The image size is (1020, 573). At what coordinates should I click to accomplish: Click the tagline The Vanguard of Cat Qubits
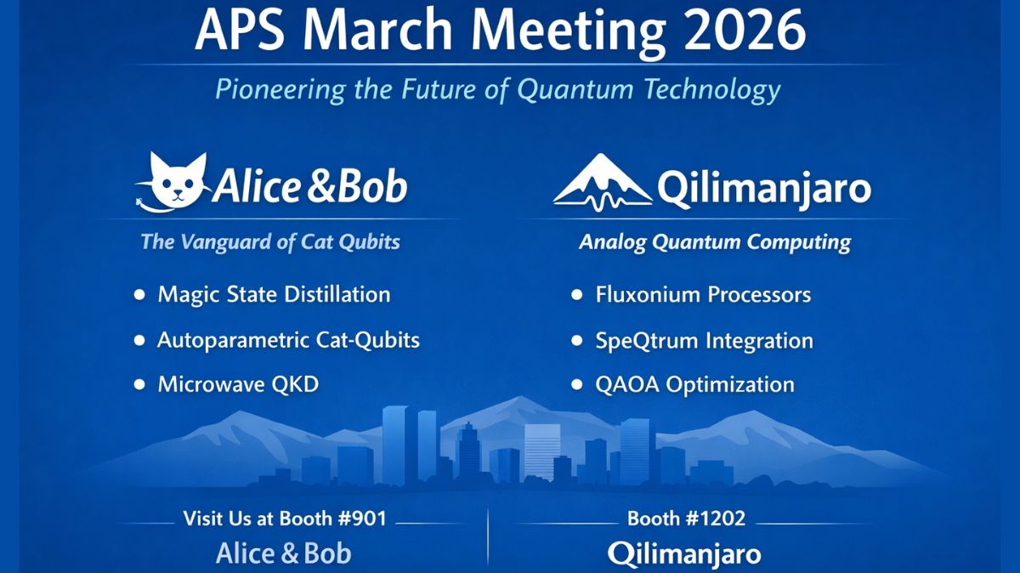click(x=270, y=241)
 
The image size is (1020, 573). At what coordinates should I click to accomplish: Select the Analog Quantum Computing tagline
click(x=714, y=242)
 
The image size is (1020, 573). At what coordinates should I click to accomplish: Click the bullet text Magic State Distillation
click(x=274, y=295)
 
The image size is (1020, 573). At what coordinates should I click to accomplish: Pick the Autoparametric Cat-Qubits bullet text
click(x=288, y=340)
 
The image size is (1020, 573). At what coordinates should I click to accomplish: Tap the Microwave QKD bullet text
click(x=238, y=384)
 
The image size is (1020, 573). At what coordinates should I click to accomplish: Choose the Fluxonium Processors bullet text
click(x=703, y=295)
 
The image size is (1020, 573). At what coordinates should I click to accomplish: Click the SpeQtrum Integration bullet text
click(x=704, y=341)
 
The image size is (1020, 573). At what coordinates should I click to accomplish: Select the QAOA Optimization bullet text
click(x=694, y=384)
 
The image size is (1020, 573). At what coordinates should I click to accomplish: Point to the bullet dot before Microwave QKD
click(x=139, y=385)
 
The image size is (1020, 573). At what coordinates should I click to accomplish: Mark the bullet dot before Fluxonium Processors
click(x=577, y=296)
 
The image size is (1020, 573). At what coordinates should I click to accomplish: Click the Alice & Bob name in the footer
click(x=283, y=553)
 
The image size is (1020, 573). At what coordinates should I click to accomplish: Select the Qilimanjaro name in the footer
click(x=684, y=554)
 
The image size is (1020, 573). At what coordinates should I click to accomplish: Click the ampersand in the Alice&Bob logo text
click(x=325, y=187)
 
